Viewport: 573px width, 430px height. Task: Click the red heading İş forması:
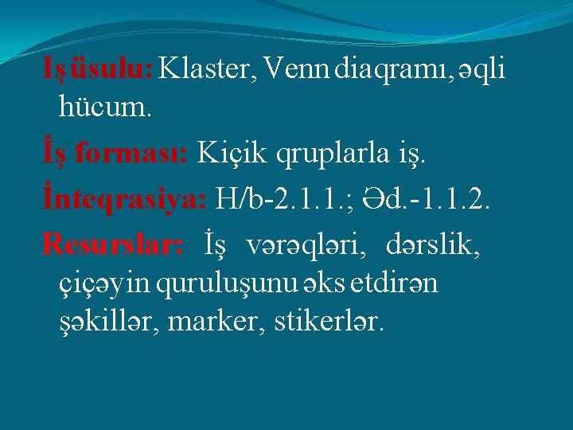[x=115, y=151]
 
